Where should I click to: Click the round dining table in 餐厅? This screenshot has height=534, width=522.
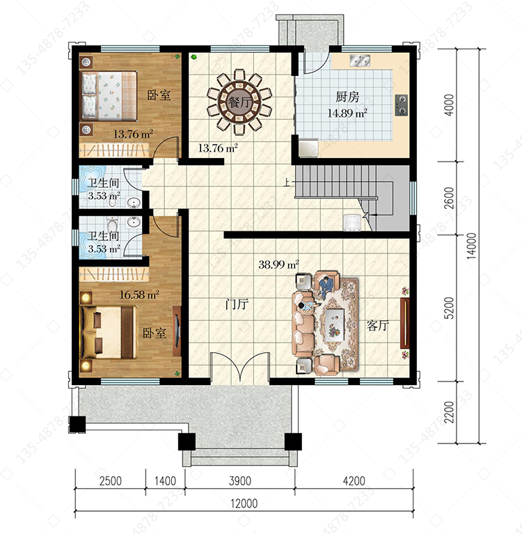(239, 102)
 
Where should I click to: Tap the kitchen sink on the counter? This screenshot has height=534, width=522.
(360, 61)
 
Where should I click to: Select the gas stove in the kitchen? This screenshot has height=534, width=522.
(401, 105)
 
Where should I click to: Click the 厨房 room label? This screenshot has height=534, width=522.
(347, 97)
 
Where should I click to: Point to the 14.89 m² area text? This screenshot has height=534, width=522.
(347, 113)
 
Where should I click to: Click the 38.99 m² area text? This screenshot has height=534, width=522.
(278, 265)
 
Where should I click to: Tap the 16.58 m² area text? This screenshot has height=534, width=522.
(139, 295)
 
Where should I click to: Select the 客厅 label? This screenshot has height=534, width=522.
(378, 326)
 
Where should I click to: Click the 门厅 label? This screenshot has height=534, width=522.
(237, 304)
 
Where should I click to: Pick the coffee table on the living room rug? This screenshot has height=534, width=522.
(335, 324)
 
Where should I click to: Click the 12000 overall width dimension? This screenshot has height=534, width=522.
(244, 503)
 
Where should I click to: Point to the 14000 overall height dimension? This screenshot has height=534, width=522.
(471, 246)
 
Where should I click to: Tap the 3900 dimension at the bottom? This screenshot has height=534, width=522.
(239, 481)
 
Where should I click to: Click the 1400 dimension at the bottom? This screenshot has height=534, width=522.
(165, 481)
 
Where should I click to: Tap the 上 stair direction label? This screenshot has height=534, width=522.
(287, 183)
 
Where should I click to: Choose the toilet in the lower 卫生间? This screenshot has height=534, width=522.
(112, 225)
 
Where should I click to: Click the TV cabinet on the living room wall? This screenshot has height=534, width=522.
(404, 323)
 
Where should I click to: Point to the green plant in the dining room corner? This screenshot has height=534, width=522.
(193, 57)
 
